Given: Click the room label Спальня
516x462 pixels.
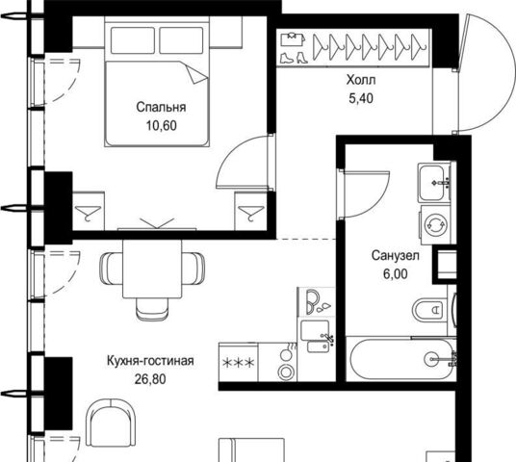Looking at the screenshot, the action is (x=161, y=107).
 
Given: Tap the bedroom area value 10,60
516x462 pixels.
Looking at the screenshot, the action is (x=162, y=125).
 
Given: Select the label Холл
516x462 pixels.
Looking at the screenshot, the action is (x=361, y=80).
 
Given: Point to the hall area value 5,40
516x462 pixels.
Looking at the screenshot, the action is (x=361, y=98).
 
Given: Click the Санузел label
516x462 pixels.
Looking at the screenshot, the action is (x=396, y=255).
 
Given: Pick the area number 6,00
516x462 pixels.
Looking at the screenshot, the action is (x=396, y=273).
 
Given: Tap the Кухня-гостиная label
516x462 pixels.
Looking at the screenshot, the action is (x=150, y=361).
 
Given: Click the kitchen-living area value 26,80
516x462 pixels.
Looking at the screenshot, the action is (x=150, y=379).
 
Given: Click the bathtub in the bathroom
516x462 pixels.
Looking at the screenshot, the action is (x=401, y=359).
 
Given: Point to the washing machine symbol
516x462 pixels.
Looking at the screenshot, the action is (x=436, y=224).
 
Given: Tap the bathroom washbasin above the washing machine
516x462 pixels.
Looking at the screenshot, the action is (x=435, y=182).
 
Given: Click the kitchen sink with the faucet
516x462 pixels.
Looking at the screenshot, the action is (x=317, y=335).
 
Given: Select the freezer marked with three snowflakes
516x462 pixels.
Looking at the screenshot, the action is (x=239, y=362).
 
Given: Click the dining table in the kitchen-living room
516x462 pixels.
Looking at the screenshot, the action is (x=152, y=269).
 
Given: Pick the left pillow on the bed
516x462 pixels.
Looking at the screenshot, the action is (x=133, y=40).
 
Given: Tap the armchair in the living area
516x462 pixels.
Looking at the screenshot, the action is (x=111, y=423).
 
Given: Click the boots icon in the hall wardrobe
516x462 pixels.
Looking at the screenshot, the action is (x=293, y=58).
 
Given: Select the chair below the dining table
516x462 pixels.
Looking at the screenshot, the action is (x=152, y=309).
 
